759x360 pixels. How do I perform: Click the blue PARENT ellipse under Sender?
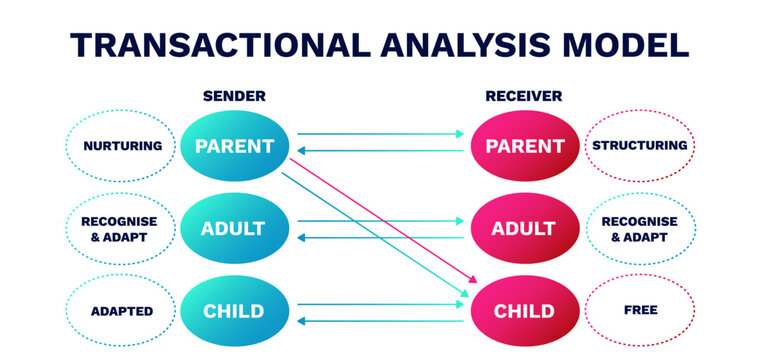tap(235, 146)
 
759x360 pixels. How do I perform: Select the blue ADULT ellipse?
tap(235, 228)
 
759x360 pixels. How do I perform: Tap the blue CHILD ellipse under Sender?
tap(235, 310)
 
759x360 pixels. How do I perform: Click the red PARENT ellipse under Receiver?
tap(524, 146)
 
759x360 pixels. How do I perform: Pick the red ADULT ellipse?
tap(524, 228)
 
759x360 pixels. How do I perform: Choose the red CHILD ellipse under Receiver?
tap(524, 310)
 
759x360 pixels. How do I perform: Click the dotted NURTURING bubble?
tap(123, 146)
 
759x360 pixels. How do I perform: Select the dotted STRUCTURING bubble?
tap(640, 146)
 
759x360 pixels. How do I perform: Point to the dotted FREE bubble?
tap(640, 310)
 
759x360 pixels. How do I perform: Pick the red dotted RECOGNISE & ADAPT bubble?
tap(640, 228)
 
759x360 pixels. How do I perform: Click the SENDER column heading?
tap(234, 96)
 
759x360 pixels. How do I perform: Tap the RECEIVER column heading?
tap(523, 96)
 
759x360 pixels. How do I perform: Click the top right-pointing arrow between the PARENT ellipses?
tap(380, 133)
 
